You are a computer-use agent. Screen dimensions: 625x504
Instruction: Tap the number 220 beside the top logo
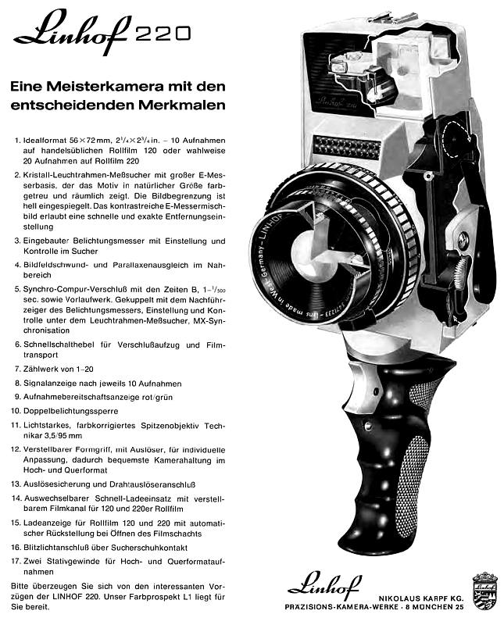click(162, 32)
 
